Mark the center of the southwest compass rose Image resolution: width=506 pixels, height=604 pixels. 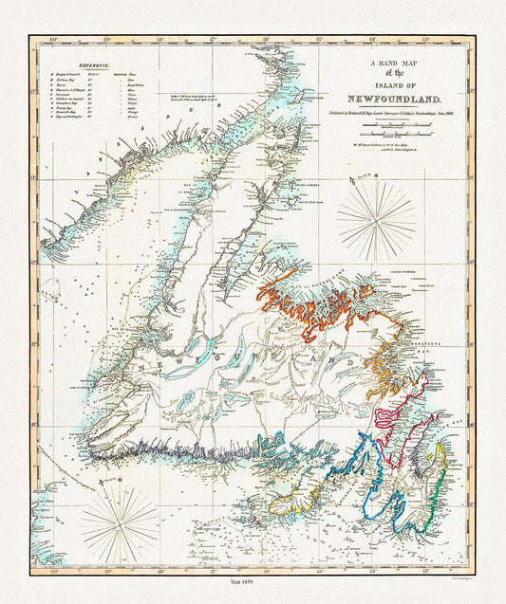pyautogui.click(x=119, y=520)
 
